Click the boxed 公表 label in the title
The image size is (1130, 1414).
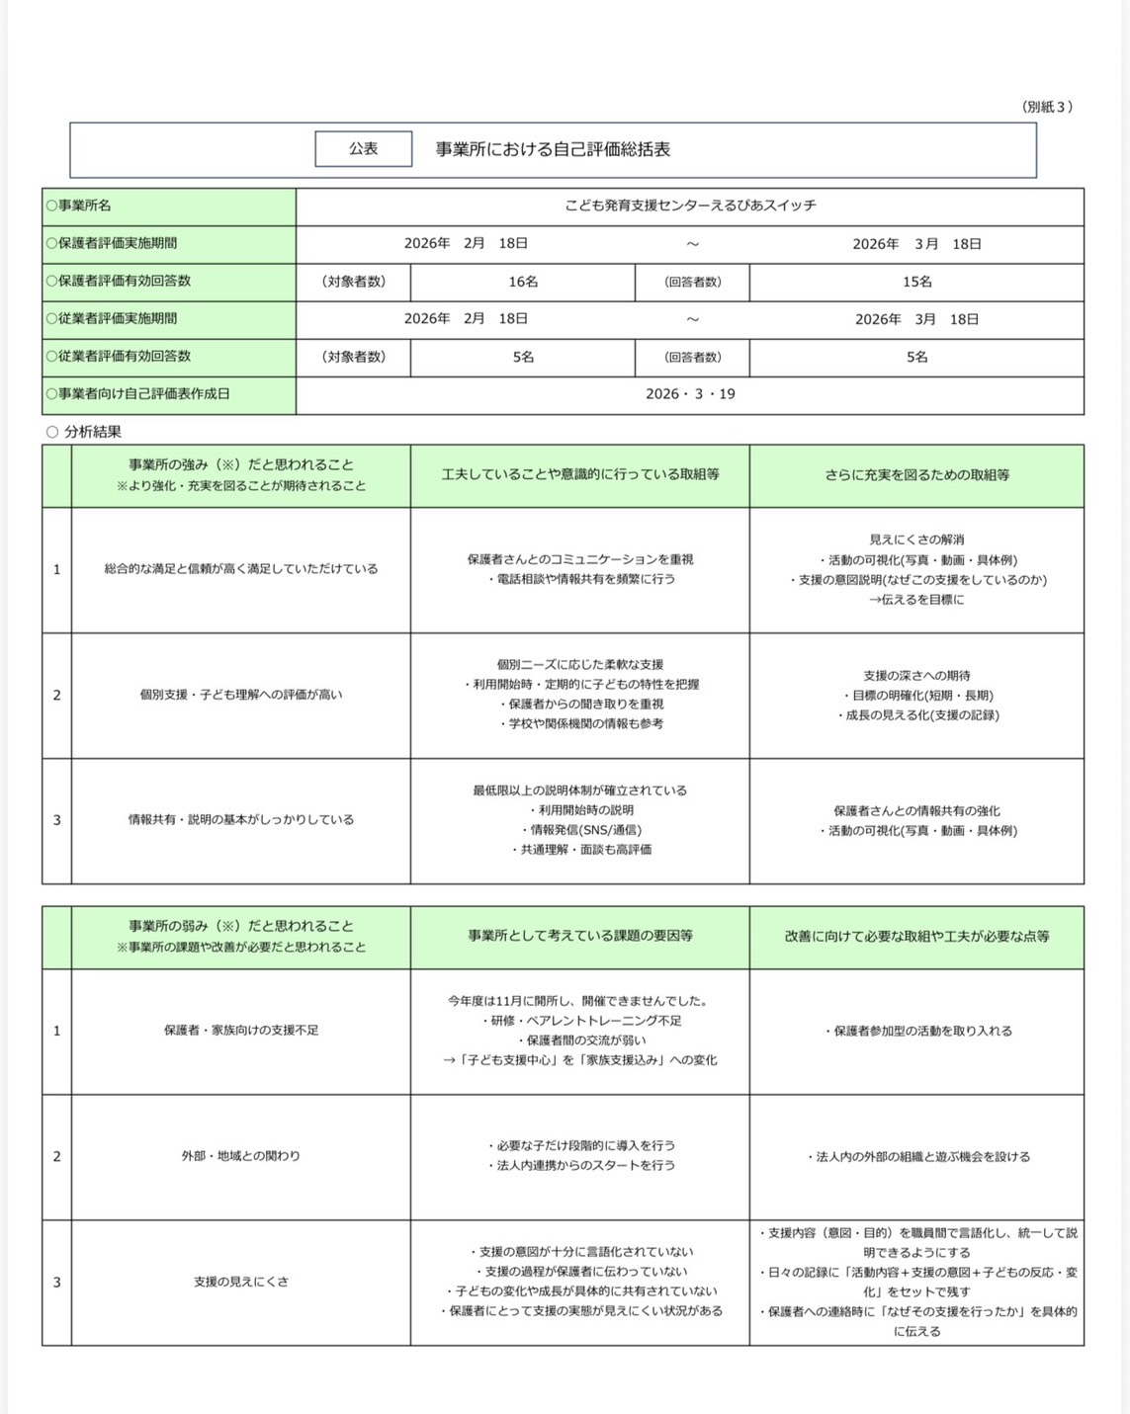point(363,149)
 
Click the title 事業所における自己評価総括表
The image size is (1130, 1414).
point(553,149)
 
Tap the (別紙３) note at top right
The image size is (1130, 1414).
point(1047,107)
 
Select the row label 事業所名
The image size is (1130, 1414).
point(84,206)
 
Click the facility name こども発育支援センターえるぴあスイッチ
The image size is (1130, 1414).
point(690,206)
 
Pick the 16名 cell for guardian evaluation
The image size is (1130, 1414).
point(523,282)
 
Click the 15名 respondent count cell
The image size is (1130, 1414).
point(916,282)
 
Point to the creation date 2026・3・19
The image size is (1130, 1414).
point(690,394)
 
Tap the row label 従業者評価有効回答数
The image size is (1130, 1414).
point(124,356)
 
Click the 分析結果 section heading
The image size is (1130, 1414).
point(92,432)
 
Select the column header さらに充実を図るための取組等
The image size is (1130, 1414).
point(916,475)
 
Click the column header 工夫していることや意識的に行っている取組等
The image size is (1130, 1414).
point(580,475)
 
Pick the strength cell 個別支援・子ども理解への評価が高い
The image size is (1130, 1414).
point(241,695)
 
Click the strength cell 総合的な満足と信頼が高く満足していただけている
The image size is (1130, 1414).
point(241,569)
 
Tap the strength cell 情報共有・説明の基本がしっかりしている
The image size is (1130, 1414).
point(241,820)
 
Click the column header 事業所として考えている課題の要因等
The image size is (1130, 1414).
point(580,936)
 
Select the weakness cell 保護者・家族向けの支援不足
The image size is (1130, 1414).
point(241,1031)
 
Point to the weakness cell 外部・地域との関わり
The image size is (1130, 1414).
point(241,1156)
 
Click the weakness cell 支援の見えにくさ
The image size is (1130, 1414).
point(241,1282)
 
